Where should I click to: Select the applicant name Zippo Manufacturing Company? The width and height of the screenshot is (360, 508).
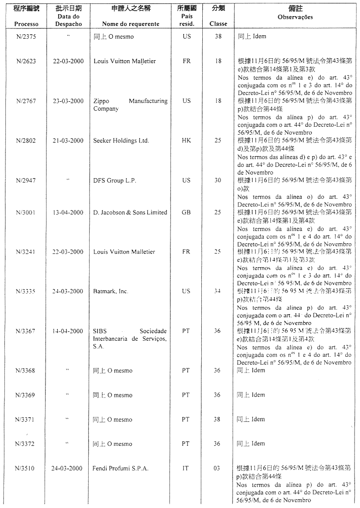point(130,105)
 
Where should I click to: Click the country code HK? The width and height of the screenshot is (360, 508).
point(187,140)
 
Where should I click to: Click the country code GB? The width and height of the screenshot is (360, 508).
point(187,212)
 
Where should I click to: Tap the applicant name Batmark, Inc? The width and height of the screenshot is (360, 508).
point(111,291)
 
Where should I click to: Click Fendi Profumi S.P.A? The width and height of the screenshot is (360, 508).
point(120,468)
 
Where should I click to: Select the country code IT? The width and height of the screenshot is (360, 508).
point(186,468)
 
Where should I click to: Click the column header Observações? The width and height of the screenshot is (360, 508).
point(295,17)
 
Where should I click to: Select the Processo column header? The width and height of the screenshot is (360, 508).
point(26,24)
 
